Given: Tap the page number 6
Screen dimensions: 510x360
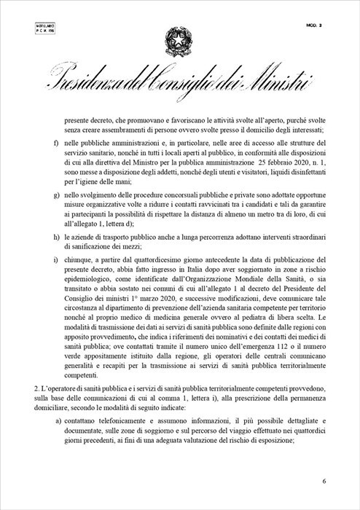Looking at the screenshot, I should (324, 482).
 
